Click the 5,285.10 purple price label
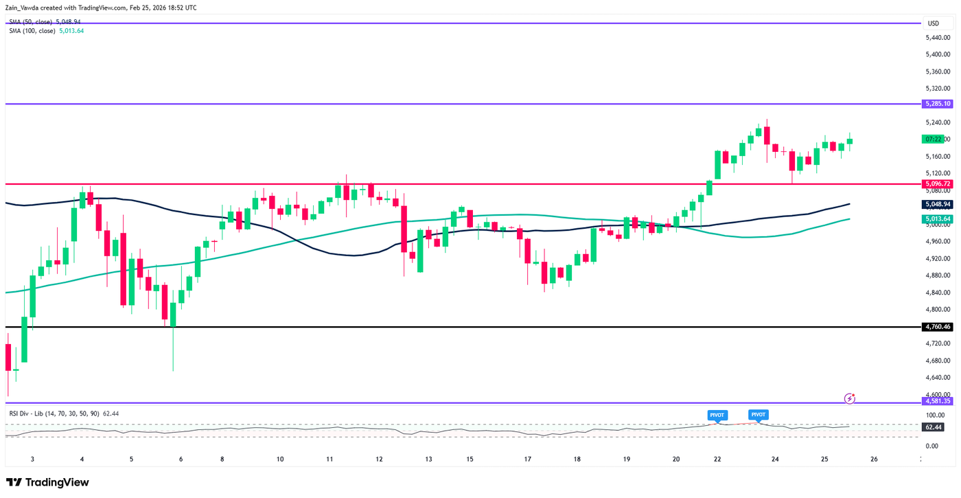click(x=938, y=104)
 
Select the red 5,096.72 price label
click(x=938, y=184)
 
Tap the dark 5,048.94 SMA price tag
click(x=938, y=204)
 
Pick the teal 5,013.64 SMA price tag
click(x=938, y=219)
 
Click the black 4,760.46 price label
click(x=938, y=327)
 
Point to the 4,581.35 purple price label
click(x=938, y=401)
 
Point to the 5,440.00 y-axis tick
click(x=938, y=37)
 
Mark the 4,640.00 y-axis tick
click(x=938, y=378)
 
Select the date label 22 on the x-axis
click(x=717, y=459)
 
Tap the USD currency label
click(x=933, y=23)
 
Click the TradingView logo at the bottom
click(x=47, y=483)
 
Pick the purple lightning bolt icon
click(x=850, y=398)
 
